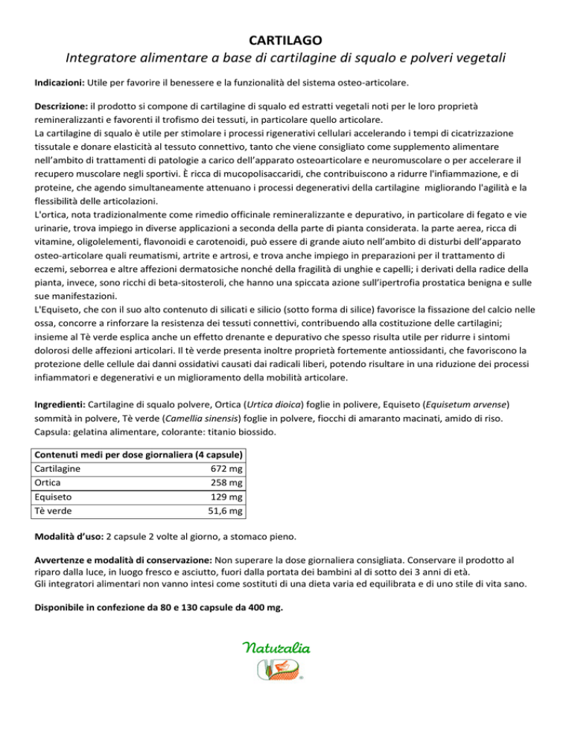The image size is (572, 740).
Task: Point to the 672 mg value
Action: [229, 468]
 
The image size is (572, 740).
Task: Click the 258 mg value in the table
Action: [229, 482]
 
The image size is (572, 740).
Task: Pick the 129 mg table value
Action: [229, 497]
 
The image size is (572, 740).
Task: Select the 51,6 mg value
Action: [226, 511]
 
